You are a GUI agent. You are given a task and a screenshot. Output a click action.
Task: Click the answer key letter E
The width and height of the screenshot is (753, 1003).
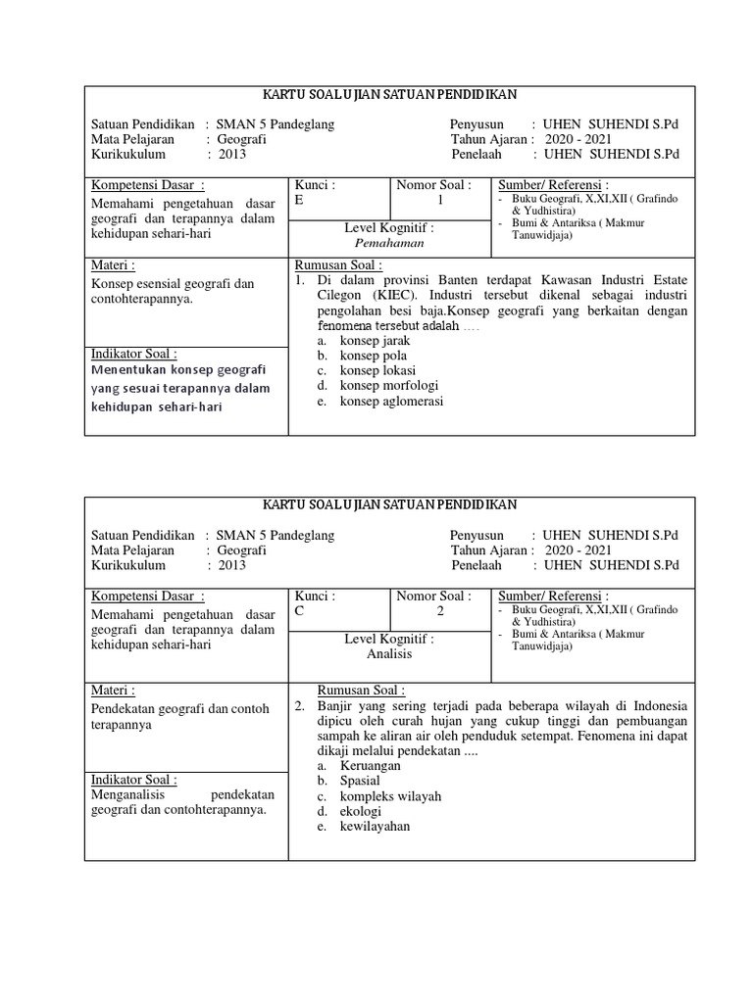[299, 200]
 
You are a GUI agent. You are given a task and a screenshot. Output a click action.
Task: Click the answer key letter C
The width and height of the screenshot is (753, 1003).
[299, 610]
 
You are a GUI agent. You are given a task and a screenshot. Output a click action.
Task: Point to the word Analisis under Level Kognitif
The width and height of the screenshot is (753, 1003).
[389, 654]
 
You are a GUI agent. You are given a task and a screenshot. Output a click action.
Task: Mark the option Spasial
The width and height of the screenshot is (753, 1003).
[360, 780]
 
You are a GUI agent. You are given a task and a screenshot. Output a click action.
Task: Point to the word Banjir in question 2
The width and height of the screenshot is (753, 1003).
[334, 706]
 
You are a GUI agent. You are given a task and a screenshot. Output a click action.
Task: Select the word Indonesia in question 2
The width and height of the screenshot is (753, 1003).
[655, 706]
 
